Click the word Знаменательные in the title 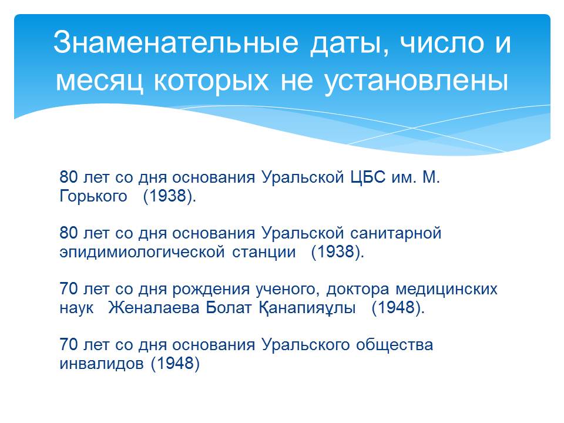click(176, 42)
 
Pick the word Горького click(93, 196)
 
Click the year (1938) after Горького click(169, 196)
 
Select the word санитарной click(395, 233)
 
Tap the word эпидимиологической click(142, 252)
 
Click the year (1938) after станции click(337, 252)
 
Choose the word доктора click(358, 290)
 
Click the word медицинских click(446, 290)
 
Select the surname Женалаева click(153, 307)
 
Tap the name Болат click(229, 307)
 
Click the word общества click(395, 345)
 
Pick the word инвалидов click(102, 364)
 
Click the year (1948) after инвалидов click(175, 363)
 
